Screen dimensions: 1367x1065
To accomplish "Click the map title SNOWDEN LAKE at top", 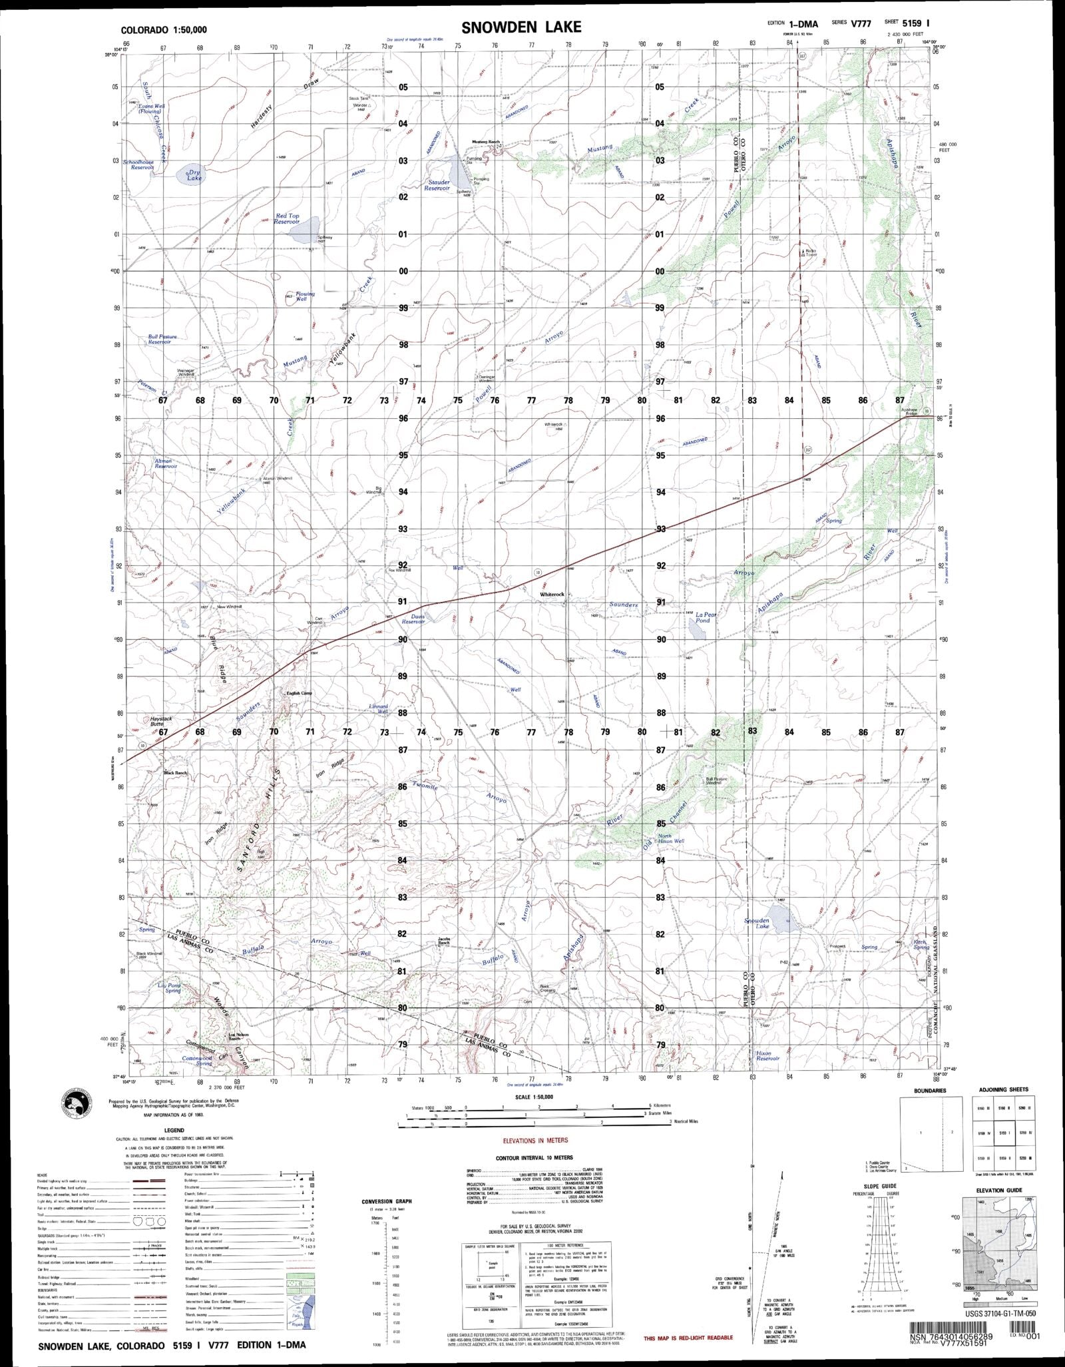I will click(x=521, y=27).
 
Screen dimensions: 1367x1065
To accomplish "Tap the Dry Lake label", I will click(x=194, y=175).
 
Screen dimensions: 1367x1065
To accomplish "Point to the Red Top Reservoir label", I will click(x=288, y=219).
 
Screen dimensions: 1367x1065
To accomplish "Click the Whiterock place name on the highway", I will click(x=552, y=594).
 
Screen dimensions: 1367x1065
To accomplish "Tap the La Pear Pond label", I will click(x=704, y=617).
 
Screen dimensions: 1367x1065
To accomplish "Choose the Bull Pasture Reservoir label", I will click(x=163, y=339).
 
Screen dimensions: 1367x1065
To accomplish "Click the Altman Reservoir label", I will click(x=164, y=463).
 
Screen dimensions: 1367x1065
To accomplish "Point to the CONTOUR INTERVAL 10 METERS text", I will click(x=534, y=1158).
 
